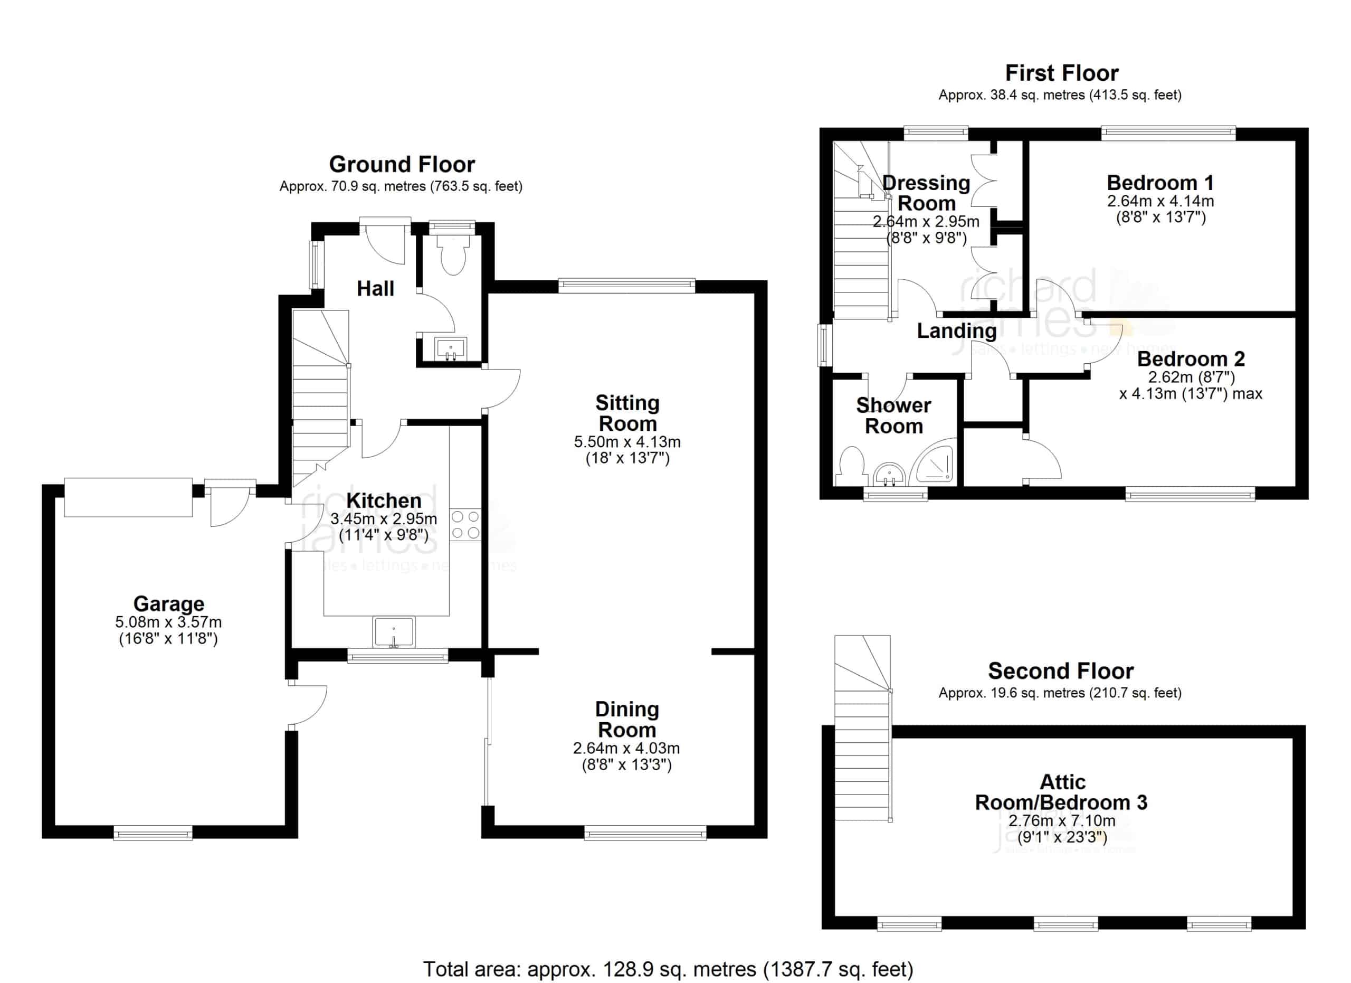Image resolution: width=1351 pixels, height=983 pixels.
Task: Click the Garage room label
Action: pyautogui.click(x=168, y=603)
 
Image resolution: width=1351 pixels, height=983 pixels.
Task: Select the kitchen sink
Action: pyautogui.click(x=394, y=632)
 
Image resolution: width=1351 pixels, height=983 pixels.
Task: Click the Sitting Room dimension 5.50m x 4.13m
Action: pyautogui.click(x=627, y=442)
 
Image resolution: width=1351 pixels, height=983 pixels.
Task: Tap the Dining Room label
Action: pyautogui.click(x=627, y=719)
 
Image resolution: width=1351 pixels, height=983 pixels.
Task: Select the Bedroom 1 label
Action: pyautogui.click(x=1160, y=182)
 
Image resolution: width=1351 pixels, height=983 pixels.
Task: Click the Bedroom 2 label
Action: pyautogui.click(x=1191, y=358)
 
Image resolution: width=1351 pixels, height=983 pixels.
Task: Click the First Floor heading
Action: pyautogui.click(x=1061, y=73)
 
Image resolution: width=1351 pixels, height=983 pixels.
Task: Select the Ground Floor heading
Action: pyautogui.click(x=402, y=164)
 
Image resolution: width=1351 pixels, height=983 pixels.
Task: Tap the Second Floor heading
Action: pyautogui.click(x=1060, y=671)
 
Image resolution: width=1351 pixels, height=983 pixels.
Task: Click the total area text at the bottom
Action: pyautogui.click(x=668, y=969)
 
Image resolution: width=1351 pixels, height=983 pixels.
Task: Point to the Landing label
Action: pyautogui.click(x=956, y=330)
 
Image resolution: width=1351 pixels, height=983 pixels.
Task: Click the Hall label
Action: pyautogui.click(x=375, y=288)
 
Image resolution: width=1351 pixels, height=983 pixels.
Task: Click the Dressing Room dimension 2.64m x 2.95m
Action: pyautogui.click(x=926, y=222)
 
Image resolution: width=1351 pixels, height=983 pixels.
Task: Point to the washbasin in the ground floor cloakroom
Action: pyautogui.click(x=451, y=347)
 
